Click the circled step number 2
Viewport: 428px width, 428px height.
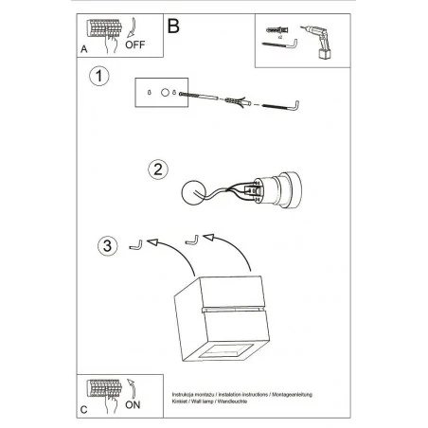click(159, 169)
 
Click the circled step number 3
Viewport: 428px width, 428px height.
click(107, 246)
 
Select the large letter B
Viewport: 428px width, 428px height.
click(173, 26)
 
